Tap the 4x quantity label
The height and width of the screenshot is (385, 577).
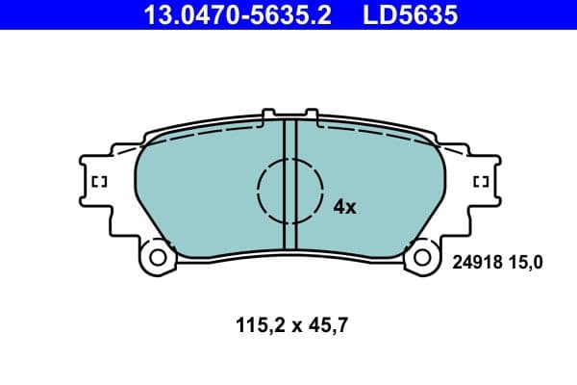(344, 206)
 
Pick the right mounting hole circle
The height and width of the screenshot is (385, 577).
(420, 258)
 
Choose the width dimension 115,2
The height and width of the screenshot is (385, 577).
(255, 326)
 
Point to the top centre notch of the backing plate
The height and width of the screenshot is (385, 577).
(290, 115)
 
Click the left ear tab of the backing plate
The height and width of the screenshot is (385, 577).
(99, 183)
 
